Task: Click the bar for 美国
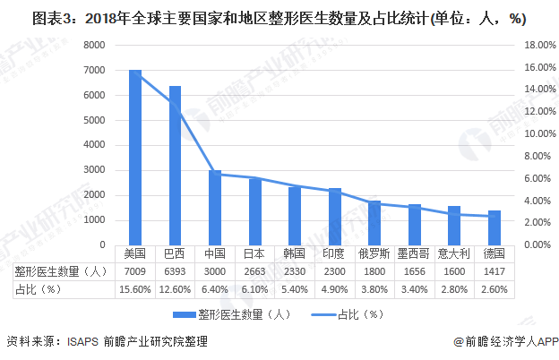click(x=135, y=158)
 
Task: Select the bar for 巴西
click(x=175, y=165)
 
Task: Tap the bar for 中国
click(x=214, y=208)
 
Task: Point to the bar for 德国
click(x=494, y=227)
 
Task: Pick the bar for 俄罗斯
click(x=374, y=222)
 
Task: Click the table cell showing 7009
click(x=135, y=271)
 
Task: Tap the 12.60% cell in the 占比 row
click(x=175, y=289)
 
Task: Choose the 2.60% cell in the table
click(x=494, y=289)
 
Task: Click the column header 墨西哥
click(x=414, y=254)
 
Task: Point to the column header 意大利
click(x=454, y=254)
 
